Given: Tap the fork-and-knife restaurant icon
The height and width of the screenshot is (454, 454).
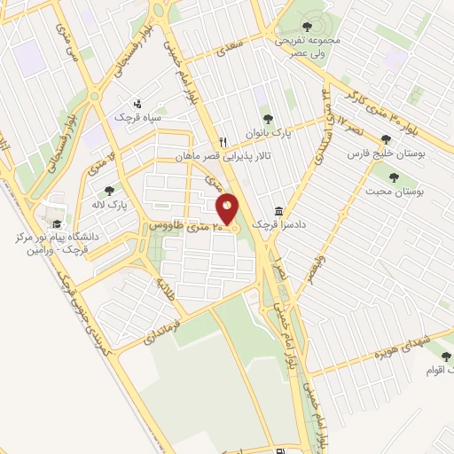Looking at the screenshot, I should tap(224, 141).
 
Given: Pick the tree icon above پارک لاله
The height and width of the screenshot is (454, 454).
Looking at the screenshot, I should tap(109, 190).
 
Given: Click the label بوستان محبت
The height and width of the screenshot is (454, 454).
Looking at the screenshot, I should tap(395, 191).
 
